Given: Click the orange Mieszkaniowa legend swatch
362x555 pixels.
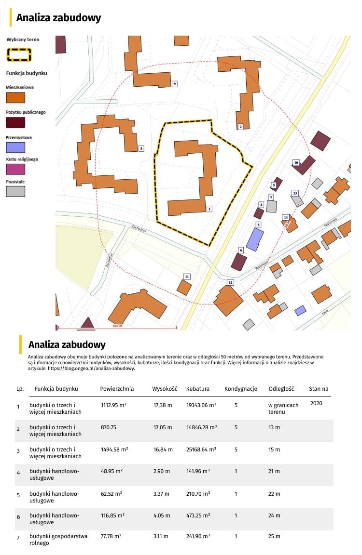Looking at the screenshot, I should tap(15, 98).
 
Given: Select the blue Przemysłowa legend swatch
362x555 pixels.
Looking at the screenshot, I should tap(15, 147).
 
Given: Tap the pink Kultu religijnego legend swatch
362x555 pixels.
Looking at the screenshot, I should tap(15, 169).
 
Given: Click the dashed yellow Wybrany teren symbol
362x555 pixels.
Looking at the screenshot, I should tap(19, 54).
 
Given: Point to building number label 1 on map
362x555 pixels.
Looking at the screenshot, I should tap(209, 209).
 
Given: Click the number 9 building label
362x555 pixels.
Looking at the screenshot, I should tap(174, 84).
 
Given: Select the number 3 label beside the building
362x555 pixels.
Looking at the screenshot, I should tap(141, 148).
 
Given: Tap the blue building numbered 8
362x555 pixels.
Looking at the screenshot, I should tap(254, 239).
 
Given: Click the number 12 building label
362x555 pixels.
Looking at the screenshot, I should tap(230, 282).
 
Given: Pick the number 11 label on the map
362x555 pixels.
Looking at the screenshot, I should tap(187, 276).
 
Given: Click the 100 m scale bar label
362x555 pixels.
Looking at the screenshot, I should tap(115, 326).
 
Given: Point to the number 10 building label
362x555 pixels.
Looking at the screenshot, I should tap(296, 163).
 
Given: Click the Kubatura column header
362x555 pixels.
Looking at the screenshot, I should tap(198, 389).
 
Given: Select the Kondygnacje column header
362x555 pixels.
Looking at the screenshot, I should tap(241, 389).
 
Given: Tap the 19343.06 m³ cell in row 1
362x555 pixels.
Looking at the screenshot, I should tap(201, 406).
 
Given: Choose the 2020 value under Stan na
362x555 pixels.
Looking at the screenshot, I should tap(316, 403).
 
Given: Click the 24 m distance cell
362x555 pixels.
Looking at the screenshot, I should tap(274, 515).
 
